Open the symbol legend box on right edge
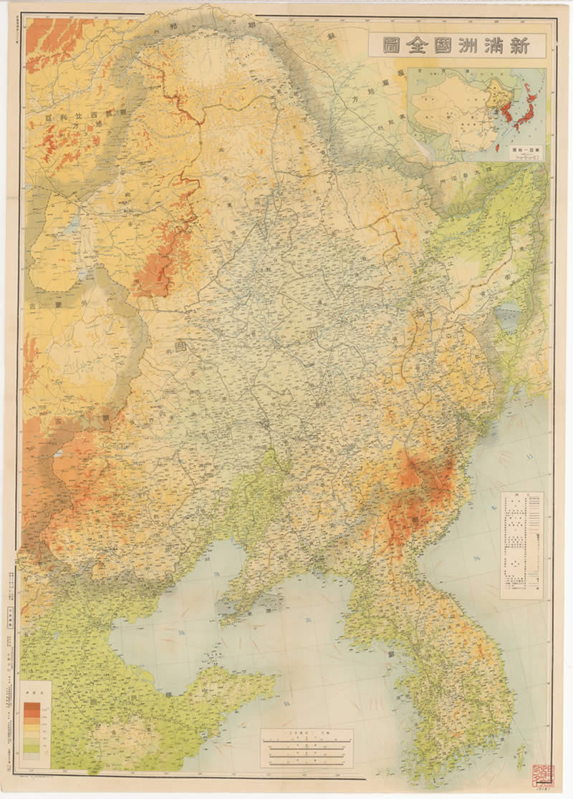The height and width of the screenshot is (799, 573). (x=521, y=544)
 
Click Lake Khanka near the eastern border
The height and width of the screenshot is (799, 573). (x=508, y=315)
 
